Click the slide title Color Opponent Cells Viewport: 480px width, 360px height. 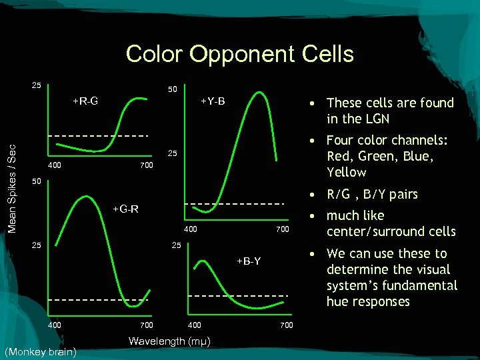pos(239,53)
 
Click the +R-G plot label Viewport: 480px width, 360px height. pos(85,101)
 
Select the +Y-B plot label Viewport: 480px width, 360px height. pos(213,101)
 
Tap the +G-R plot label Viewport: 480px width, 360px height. pos(125,209)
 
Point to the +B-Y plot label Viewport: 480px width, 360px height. pos(247,261)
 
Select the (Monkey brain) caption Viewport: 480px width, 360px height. pos(40,351)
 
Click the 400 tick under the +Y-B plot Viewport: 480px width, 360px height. pos(190,229)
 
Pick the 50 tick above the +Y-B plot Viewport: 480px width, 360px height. pos(171,89)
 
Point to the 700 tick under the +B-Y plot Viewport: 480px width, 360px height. pos(286,325)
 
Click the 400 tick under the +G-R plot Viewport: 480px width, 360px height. pos(54,325)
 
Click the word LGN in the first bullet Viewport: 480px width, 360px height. pos(376,119)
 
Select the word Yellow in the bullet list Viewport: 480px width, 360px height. pos(346,172)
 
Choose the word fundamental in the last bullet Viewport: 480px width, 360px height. pos(424,285)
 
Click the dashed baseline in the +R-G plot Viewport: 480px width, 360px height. pos(100,136)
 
